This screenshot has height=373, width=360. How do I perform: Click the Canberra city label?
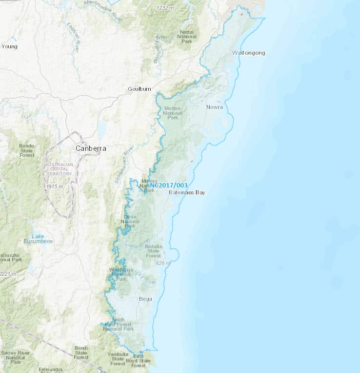coord(91,148)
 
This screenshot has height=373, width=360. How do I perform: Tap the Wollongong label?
coord(249,53)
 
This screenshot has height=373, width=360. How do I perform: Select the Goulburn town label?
coord(140,89)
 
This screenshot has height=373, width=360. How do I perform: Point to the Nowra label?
coord(214,107)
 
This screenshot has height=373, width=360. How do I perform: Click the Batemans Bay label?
coord(187,193)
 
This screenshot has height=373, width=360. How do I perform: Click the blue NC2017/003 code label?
coord(169,186)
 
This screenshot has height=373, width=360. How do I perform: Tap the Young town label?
coord(9,47)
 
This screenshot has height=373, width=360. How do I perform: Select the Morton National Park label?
coord(173,112)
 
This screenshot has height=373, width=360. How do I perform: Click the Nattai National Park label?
coord(186,37)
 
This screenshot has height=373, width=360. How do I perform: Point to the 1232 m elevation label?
coord(165,8)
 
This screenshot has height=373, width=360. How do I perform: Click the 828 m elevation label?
coord(163,263)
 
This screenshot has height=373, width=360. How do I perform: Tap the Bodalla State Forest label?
coord(153,250)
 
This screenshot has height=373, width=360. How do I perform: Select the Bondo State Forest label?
coord(27,150)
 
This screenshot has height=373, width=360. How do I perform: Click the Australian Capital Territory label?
coord(59,169)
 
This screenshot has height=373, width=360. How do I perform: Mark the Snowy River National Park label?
coord(15,357)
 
